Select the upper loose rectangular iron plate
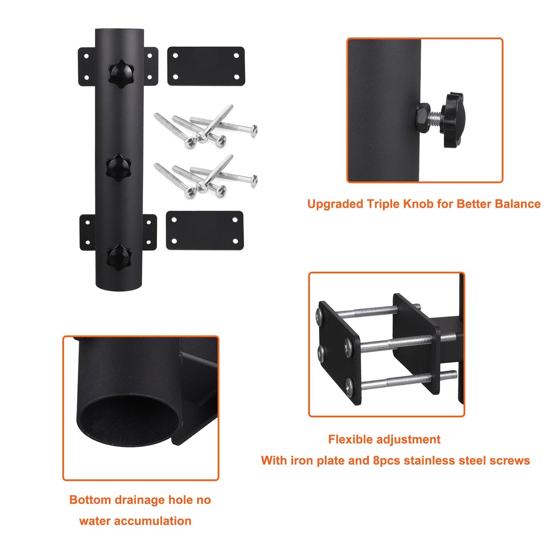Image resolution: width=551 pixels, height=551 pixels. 206,66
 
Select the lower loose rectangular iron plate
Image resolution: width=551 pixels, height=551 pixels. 205,230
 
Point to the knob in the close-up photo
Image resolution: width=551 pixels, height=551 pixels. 453,119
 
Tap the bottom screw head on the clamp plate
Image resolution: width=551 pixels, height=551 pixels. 350,386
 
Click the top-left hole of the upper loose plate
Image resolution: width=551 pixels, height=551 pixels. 175,56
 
